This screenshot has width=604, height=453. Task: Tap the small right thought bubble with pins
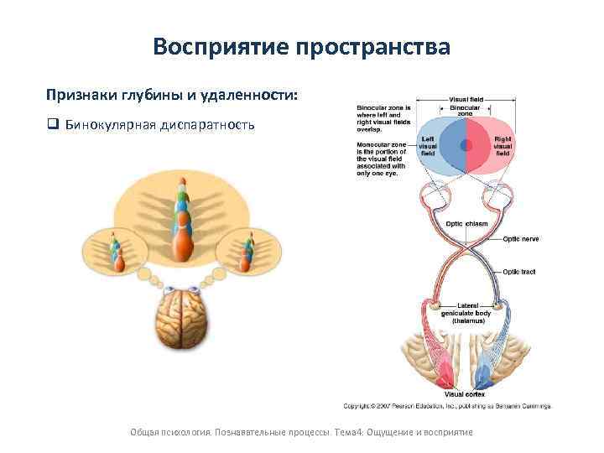click(247, 251)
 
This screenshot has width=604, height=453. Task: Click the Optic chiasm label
click(466, 224)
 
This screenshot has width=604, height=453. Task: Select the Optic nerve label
click(521, 239)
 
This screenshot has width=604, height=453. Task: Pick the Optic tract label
click(519, 272)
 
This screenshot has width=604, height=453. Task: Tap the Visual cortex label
click(464, 393)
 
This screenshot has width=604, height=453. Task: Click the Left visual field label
click(428, 148)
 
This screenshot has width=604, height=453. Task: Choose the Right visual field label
click(502, 148)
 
